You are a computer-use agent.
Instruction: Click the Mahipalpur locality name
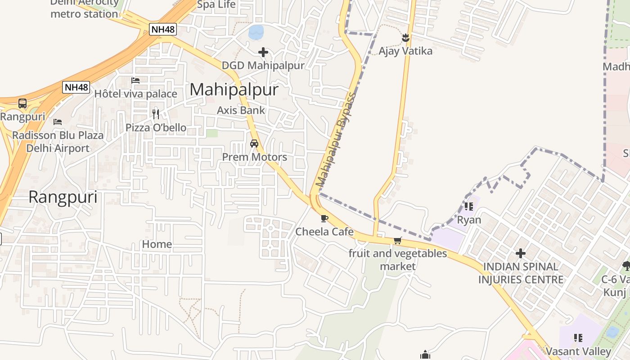click(234, 90)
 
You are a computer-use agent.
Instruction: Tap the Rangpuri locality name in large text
click(63, 197)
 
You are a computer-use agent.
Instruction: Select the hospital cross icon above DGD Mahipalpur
click(263, 53)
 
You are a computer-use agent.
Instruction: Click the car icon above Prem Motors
click(254, 144)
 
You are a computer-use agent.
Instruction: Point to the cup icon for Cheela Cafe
click(324, 219)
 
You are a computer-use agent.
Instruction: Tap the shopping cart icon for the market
click(397, 241)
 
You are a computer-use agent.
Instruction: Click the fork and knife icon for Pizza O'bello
click(156, 114)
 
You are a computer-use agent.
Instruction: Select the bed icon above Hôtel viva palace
click(135, 81)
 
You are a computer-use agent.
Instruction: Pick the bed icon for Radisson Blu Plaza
click(58, 121)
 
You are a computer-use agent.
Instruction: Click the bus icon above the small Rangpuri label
click(22, 103)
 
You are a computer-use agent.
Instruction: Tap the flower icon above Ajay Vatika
click(405, 38)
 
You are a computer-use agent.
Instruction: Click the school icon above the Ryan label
click(469, 207)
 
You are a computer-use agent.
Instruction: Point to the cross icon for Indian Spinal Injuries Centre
click(521, 253)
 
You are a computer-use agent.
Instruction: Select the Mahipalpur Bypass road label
click(336, 139)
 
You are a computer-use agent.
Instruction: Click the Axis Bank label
click(241, 110)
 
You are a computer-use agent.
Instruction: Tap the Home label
click(157, 244)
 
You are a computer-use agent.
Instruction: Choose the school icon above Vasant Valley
click(578, 337)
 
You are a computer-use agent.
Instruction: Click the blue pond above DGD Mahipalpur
click(256, 31)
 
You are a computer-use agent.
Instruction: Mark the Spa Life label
click(216, 5)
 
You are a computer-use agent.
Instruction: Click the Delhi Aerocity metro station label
click(84, 9)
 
